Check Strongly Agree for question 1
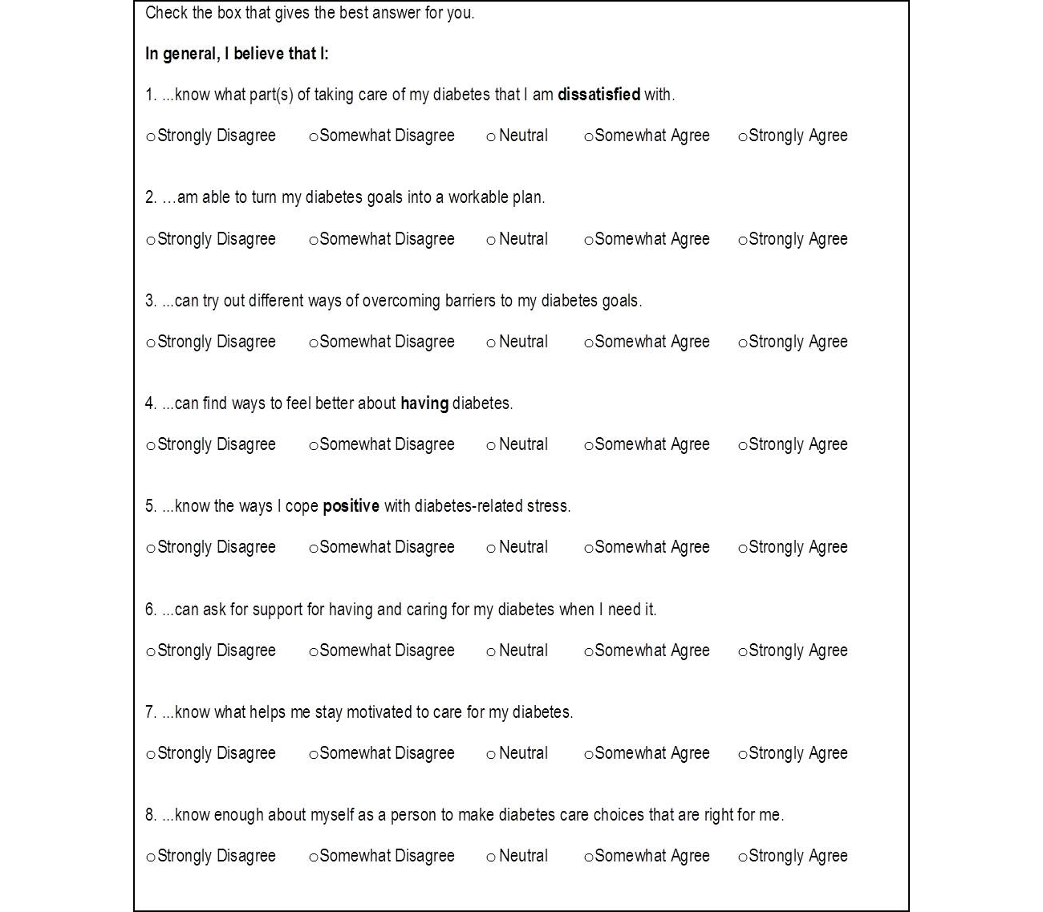[742, 137]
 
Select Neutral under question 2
[491, 241]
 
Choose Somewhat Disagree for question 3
[314, 343]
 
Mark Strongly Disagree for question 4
[151, 446]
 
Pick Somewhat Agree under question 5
[589, 549]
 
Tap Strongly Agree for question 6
[742, 652]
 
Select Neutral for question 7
[491, 755]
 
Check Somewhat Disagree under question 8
[314, 857]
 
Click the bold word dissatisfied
[599, 95]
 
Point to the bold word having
[424, 403]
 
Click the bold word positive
[351, 506]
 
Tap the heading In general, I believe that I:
[237, 54]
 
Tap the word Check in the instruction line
[167, 13]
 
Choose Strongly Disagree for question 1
[151, 137]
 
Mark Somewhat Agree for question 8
[589, 857]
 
